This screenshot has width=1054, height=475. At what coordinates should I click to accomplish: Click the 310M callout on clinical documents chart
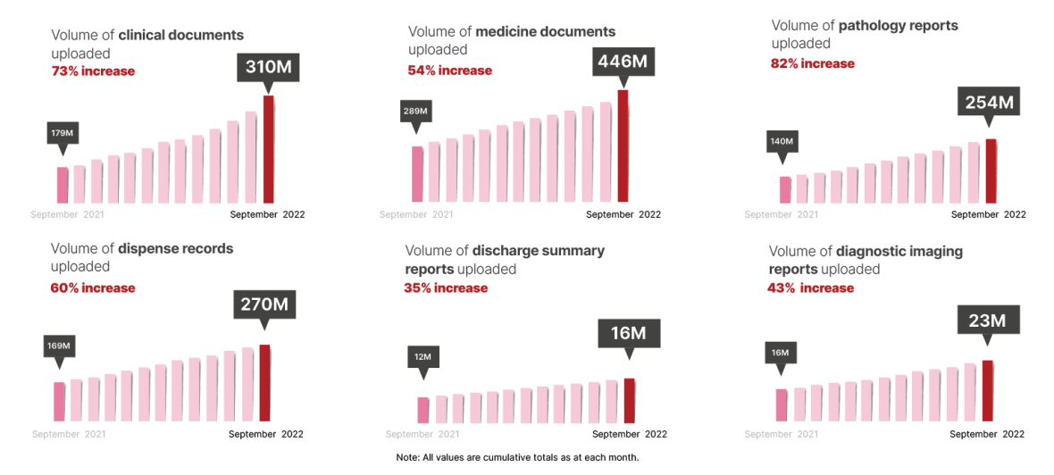coord(268,68)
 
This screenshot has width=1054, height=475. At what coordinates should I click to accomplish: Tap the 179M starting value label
coord(62,133)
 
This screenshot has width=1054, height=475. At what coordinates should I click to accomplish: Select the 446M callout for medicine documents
coord(623,62)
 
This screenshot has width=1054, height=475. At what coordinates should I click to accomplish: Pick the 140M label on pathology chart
coord(782,141)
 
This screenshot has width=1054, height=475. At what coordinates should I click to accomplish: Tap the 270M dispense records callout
coord(264,304)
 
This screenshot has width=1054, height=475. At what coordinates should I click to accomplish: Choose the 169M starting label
coord(59,345)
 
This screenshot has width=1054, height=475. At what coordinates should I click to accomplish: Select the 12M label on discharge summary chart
coord(422,357)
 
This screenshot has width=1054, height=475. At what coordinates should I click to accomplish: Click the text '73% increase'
coord(93,71)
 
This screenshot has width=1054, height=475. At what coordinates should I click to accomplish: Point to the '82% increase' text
coord(812,63)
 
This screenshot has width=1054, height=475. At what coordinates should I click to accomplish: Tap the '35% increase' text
coord(446,287)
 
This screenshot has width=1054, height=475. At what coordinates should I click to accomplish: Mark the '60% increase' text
coord(93,287)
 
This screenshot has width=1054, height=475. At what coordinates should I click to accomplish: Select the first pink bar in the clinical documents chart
coord(63,185)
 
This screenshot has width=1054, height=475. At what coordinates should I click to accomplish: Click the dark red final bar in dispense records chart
coord(264,383)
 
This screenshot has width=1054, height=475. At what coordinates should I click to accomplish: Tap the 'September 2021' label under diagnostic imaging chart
coord(781,435)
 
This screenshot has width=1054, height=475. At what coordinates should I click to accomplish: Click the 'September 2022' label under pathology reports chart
coord(988,214)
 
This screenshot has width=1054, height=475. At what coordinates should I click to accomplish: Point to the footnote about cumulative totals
coord(518,458)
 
